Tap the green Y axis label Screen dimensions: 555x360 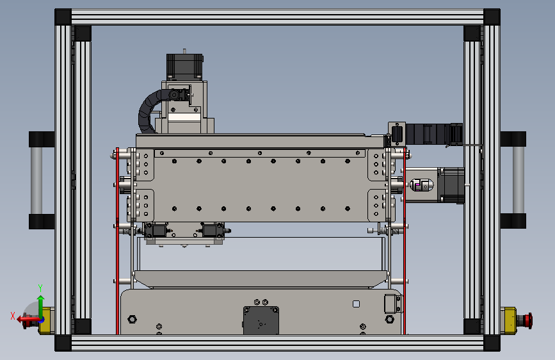40,288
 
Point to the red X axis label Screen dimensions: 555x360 13,316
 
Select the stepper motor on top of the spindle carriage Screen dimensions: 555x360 184,67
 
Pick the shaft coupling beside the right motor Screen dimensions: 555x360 421,185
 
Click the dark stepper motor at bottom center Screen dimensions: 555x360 261,320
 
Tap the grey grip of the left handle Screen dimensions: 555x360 36,181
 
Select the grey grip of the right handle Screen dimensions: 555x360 518,180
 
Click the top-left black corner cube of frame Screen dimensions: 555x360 63,17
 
